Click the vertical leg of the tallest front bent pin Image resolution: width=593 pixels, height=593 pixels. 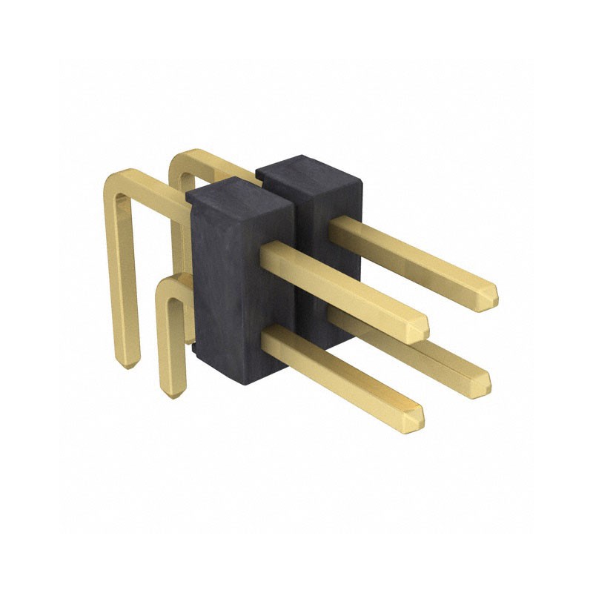coord(122,282)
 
